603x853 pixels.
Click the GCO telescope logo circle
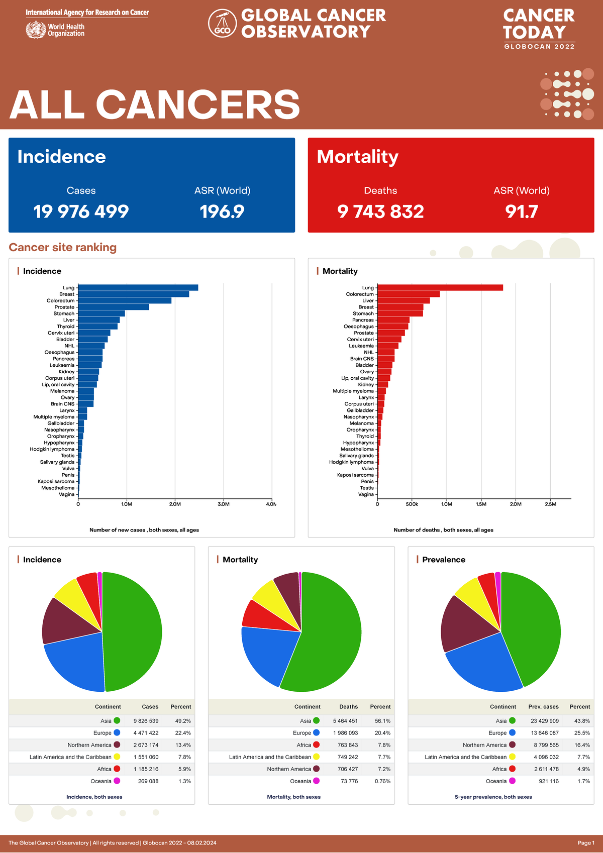pos(222,23)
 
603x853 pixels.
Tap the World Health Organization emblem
pos(36,30)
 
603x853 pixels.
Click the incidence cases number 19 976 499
pos(81,211)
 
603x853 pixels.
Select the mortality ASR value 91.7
pos(521,211)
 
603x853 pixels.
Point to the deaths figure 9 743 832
pos(380,211)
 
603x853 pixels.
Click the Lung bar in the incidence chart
pos(138,288)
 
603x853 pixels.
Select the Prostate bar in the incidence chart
pos(114,307)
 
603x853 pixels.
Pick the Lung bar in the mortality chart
pos(440,288)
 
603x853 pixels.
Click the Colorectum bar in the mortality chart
pos(408,294)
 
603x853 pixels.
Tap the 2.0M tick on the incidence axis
pos(175,504)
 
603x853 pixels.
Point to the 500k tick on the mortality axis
pos(412,504)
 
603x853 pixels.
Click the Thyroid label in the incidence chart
pos(65,327)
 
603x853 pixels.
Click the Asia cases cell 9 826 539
pos(146,721)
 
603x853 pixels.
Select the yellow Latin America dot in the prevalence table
pos(512,757)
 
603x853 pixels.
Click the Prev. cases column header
pos(543,707)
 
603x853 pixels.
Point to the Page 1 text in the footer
pos(585,843)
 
